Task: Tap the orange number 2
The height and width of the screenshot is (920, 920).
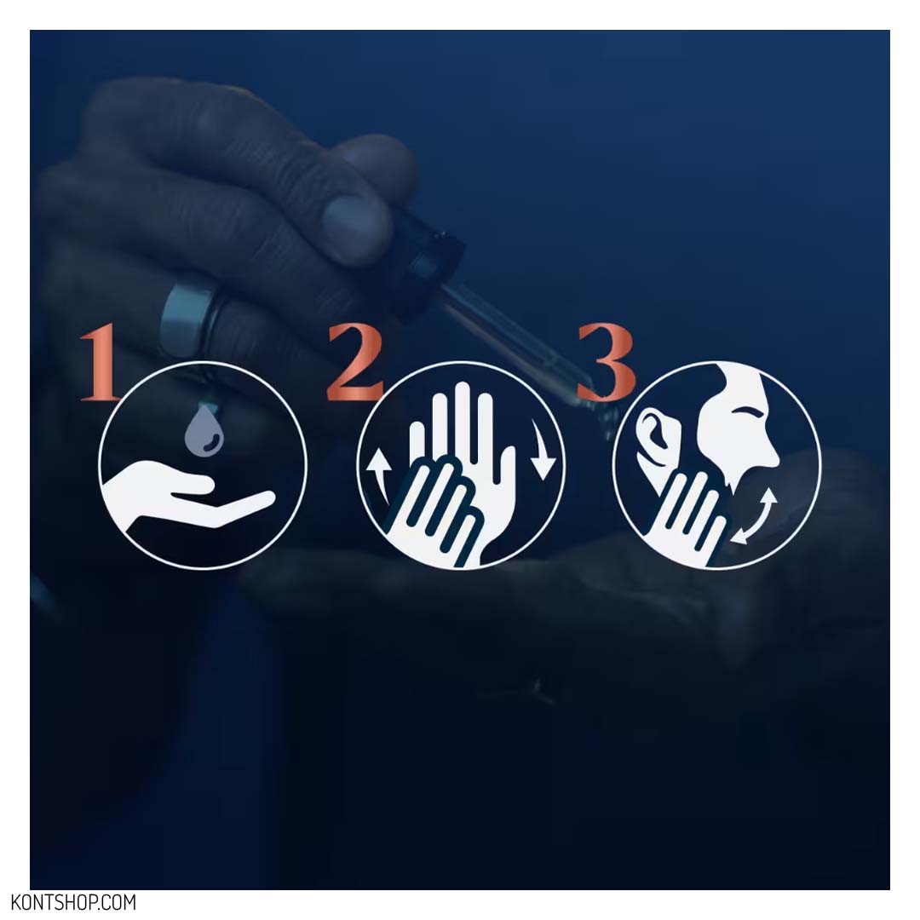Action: tap(355, 362)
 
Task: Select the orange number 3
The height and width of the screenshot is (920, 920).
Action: tap(607, 361)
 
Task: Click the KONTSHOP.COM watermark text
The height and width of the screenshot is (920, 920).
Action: tap(73, 902)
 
